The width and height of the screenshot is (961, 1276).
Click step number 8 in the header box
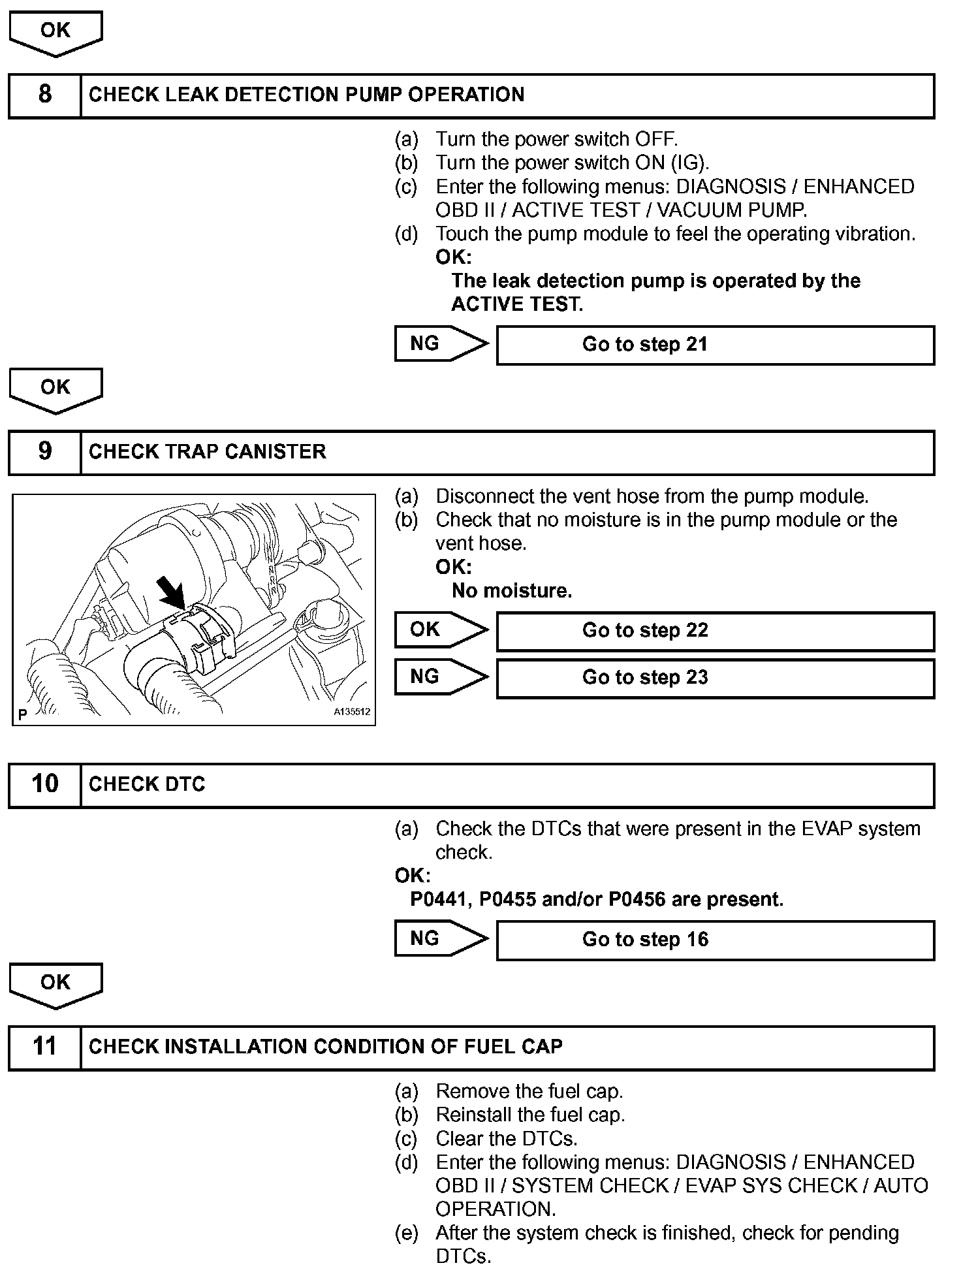44,95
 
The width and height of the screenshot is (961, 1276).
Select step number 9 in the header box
44,452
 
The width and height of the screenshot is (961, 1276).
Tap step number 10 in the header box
44,784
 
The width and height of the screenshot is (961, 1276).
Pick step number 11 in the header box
44,1047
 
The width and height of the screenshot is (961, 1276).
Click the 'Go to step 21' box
715,345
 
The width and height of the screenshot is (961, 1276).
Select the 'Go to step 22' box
715,631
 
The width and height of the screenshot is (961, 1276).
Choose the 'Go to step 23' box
715,678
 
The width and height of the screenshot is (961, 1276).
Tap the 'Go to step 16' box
715,940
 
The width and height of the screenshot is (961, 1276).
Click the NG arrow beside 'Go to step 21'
441,343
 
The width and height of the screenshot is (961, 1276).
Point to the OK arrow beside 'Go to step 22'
441,630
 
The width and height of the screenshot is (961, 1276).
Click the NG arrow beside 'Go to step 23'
441,677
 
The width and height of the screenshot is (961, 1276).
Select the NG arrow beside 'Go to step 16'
441,938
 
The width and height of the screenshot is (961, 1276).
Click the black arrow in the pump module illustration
171,593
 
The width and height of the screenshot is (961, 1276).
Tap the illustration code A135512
352,712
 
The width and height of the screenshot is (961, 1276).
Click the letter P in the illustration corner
23,714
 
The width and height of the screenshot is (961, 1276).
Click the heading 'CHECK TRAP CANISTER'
207,452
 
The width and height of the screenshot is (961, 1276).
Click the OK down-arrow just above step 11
55,984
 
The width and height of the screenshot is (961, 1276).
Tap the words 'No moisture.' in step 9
512,591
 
